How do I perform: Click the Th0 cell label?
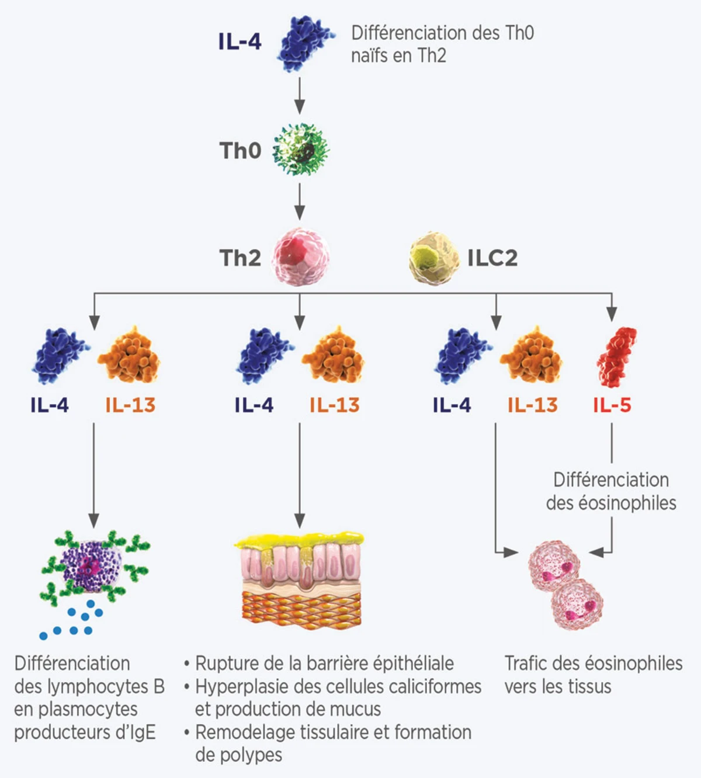[x=240, y=151]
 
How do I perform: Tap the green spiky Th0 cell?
[x=301, y=150]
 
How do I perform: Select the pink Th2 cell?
[x=300, y=257]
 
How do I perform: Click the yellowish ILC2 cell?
[x=433, y=258]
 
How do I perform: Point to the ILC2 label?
[x=492, y=258]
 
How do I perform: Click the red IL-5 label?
[x=612, y=405]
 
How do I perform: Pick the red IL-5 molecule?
[x=616, y=357]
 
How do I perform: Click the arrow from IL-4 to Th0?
[x=300, y=94]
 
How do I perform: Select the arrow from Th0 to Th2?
[x=300, y=202]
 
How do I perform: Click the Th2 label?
[x=240, y=258]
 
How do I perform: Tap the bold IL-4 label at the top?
[x=240, y=42]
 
